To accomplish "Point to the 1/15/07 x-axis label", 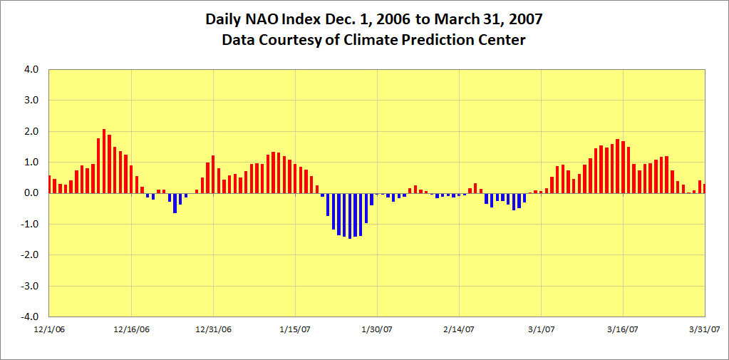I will (x=295, y=329).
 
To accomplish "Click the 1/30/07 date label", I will (x=377, y=329).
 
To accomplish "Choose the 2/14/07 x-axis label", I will (x=460, y=329).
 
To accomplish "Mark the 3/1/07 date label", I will (x=541, y=329).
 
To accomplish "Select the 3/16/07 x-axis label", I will (x=624, y=329).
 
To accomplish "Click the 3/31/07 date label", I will (x=705, y=329).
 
